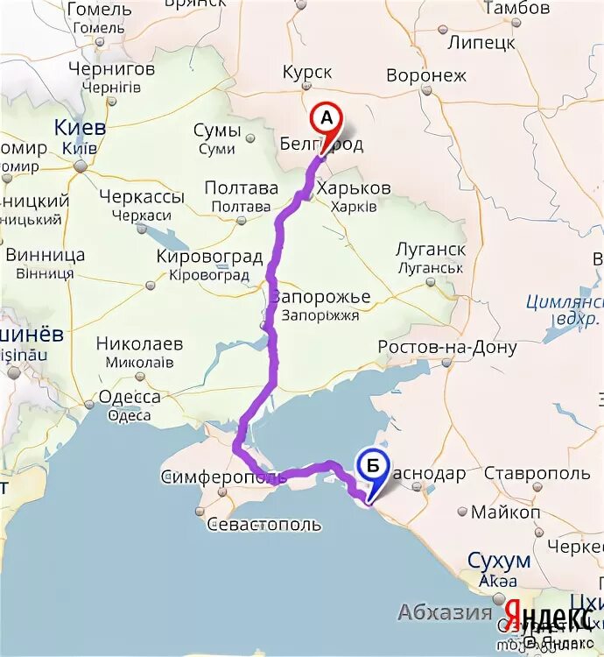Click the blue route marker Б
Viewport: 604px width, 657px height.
pos(373,468)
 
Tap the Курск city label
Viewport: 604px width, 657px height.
pos(307,74)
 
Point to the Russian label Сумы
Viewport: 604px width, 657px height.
pos(216,131)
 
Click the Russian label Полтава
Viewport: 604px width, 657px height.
pos(241,187)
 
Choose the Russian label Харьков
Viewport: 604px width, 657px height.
pos(354,188)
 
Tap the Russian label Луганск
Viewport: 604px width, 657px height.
pos(430,250)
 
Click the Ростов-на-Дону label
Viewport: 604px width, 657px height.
pos(447,347)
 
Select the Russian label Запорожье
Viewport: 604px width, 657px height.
pos(321,296)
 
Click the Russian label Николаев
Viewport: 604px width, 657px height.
pos(139,343)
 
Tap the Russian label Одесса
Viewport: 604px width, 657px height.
pos(130,397)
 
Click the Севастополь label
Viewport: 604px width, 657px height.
pos(264,525)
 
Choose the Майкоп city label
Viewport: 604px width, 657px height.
pos(505,512)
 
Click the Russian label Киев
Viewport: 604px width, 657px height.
pos(80,127)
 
